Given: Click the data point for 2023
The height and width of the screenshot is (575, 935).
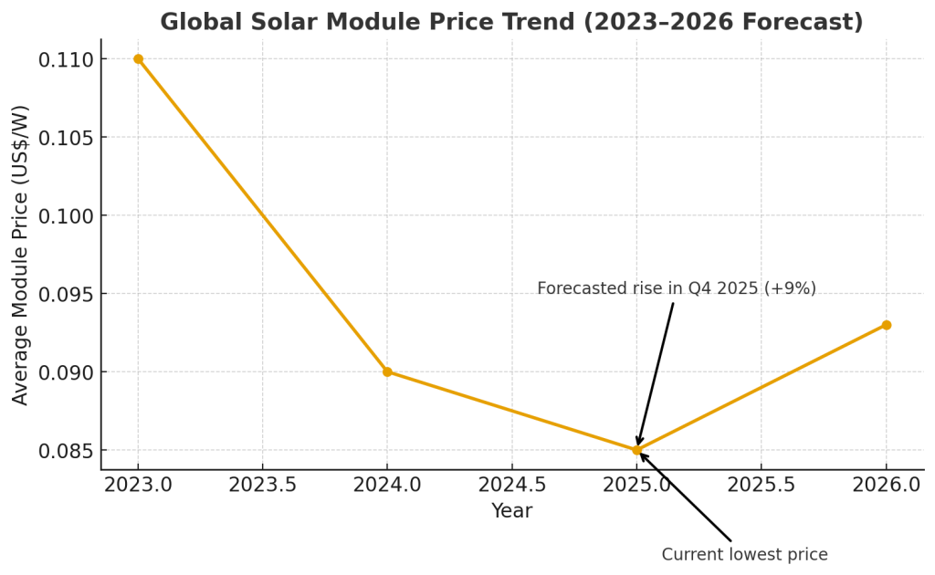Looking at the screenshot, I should (x=138, y=58).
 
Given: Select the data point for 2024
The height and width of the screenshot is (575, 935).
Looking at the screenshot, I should (x=387, y=371).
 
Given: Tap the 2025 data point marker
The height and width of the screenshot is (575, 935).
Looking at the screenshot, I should (x=636, y=450).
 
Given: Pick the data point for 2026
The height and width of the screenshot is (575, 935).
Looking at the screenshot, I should (x=886, y=325).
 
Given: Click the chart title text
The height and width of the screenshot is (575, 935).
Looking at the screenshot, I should (x=511, y=22).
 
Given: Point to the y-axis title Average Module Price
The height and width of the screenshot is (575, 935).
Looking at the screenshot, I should (x=21, y=255).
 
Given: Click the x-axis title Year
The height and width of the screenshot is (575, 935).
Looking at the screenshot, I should (x=511, y=511).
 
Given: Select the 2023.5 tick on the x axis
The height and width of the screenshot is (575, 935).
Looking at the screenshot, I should (x=263, y=484).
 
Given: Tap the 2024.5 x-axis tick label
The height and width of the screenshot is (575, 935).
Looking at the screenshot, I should (x=512, y=484).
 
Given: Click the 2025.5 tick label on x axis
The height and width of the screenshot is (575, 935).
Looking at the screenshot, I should (x=762, y=484).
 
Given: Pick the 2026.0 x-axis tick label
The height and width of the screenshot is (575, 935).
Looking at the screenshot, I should (x=886, y=484).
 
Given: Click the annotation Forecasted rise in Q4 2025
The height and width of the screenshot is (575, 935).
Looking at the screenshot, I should (x=676, y=288).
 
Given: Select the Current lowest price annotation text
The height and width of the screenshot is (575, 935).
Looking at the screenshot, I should (x=744, y=554).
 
